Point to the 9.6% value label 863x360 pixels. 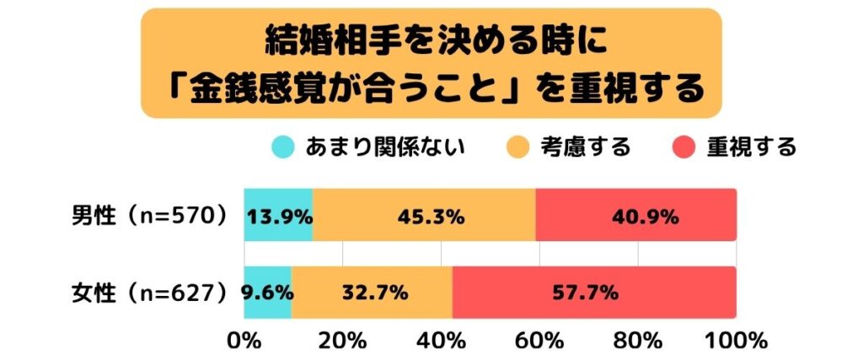pos(266,293)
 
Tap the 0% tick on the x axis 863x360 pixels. pos(244,341)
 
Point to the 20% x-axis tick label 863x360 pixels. pos(342,341)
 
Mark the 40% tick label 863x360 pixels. pos(441,341)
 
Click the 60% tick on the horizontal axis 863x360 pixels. pos(539,341)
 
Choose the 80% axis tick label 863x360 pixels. pos(638,341)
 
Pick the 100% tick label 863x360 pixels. pos(735,341)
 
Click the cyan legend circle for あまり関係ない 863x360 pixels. pos(282,148)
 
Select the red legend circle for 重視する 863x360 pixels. pos(684,148)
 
